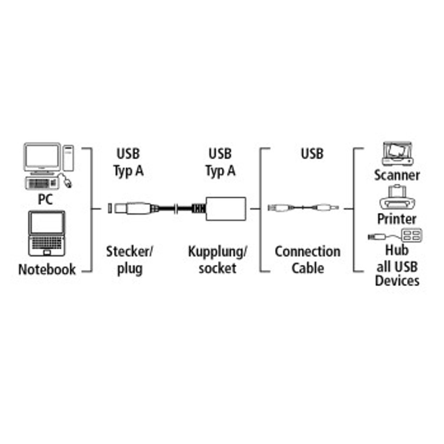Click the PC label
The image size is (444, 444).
(x=45, y=200)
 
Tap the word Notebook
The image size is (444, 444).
(x=47, y=269)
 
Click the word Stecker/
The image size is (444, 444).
(x=130, y=251)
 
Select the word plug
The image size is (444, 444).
(x=130, y=269)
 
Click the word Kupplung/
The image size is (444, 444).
(x=218, y=251)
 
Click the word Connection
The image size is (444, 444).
(x=307, y=251)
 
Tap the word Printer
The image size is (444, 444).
(x=397, y=219)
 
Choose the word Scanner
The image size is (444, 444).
(x=397, y=175)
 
